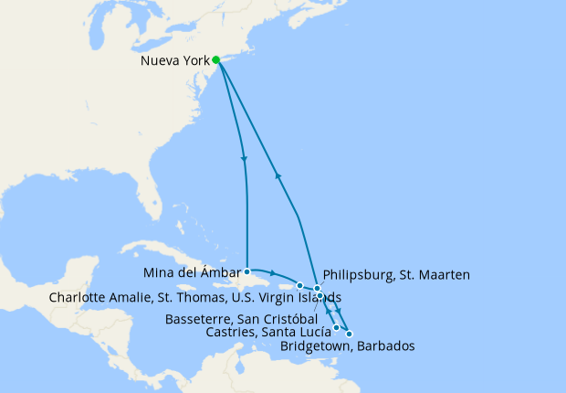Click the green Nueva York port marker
(216, 61)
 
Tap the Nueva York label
(176, 62)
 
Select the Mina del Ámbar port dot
(246, 271)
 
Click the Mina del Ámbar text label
(191, 271)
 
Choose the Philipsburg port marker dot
(318, 289)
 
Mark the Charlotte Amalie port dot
(299, 286)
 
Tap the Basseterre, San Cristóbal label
(243, 319)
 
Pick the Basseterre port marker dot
(320, 296)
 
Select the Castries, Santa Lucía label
(269, 332)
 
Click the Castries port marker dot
(337, 327)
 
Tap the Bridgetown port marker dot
(349, 334)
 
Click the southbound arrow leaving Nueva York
(244, 160)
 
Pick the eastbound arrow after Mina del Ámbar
(273, 272)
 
